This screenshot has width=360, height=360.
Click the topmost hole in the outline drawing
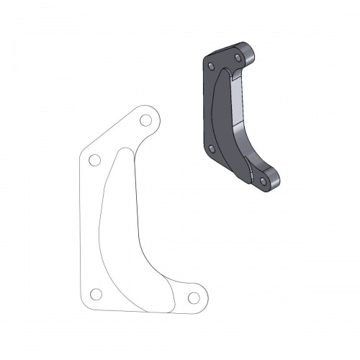click(x=145, y=120)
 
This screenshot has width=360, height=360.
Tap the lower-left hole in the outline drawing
click(x=96, y=294)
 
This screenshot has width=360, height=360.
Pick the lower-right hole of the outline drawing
click(x=193, y=297)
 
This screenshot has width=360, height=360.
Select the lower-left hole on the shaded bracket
click(x=211, y=149)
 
